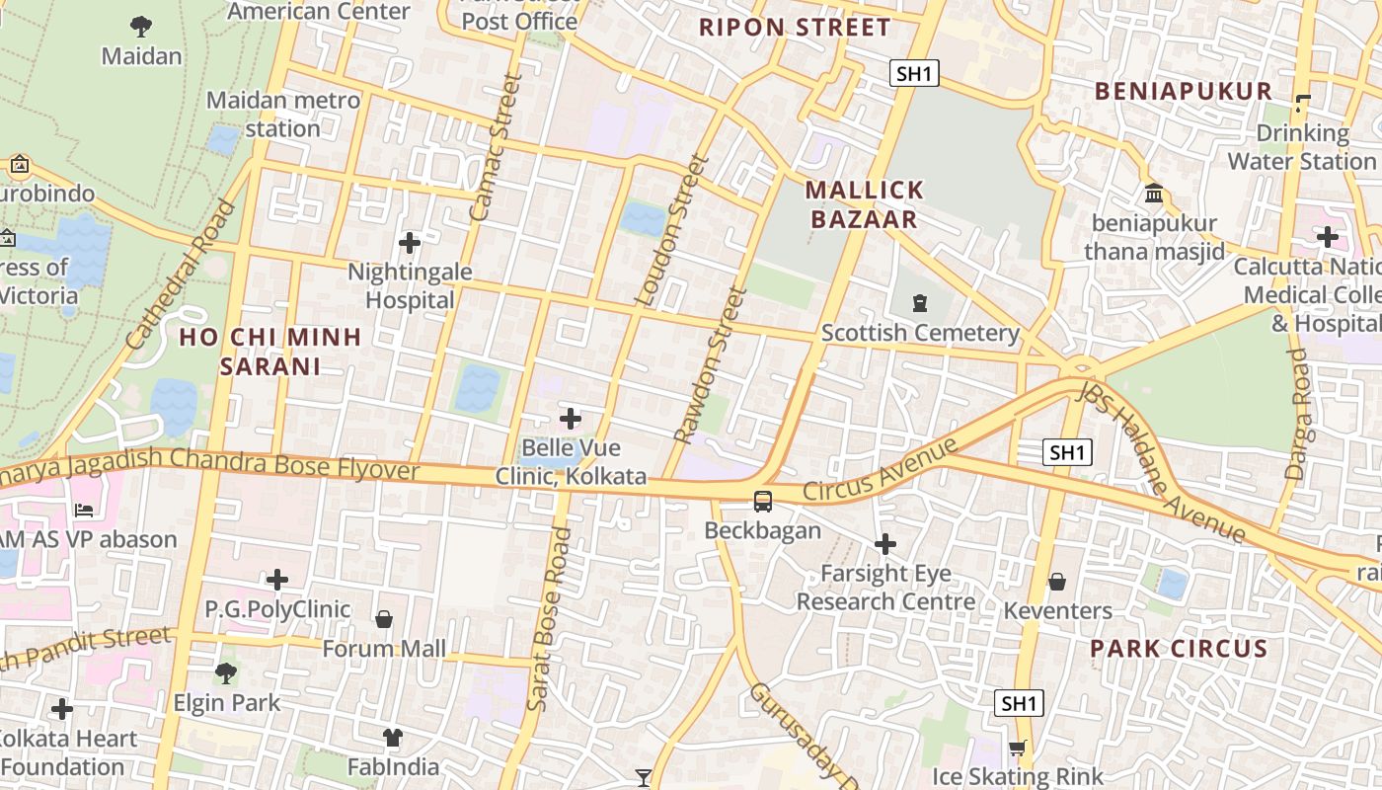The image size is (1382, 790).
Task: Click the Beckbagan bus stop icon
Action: pos(763,502)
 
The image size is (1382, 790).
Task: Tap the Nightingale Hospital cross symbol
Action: pos(409,242)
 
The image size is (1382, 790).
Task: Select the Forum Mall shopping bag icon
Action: pos(384,619)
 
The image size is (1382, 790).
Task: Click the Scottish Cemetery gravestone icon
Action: pos(920,302)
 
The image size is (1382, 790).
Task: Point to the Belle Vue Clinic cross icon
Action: pos(571,418)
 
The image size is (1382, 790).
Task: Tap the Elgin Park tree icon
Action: pos(226,673)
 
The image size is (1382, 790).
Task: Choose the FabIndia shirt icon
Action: pos(393,737)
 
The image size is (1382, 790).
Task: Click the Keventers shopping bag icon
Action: pos(1056,582)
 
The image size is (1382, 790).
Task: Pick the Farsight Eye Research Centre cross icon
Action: pos(885,544)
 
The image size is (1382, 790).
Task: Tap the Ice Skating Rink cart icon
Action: pos(1018,748)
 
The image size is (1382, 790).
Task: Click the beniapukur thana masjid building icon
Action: pos(1153,194)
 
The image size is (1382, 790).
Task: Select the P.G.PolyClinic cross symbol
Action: pos(277,579)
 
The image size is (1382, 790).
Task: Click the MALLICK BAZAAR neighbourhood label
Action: pos(865,204)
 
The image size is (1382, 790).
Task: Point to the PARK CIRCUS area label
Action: pos(1179,649)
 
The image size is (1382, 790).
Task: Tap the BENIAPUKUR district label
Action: pos(1184,92)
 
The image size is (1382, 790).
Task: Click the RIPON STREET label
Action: pos(795,28)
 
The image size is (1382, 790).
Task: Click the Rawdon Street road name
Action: pos(709,365)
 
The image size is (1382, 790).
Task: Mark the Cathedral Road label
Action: pos(182,275)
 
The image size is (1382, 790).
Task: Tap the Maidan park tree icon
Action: pos(141,26)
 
